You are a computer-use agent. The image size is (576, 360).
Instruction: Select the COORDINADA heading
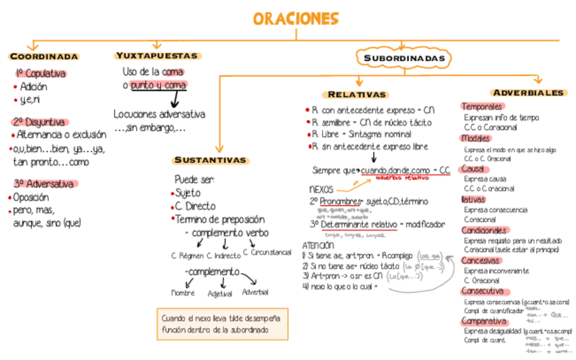click(x=44, y=56)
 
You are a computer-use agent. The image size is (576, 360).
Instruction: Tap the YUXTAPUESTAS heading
click(x=157, y=56)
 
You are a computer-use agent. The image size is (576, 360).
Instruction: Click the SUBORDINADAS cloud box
click(x=404, y=59)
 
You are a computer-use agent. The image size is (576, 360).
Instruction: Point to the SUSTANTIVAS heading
click(x=210, y=160)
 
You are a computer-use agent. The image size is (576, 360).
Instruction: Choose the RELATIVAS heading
click(x=357, y=94)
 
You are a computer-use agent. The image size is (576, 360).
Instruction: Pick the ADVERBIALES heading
click(x=528, y=92)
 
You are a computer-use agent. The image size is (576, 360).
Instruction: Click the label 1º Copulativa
click(x=41, y=73)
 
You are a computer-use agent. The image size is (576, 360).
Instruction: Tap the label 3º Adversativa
click(x=43, y=183)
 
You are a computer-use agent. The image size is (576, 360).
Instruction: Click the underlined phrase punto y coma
click(x=158, y=85)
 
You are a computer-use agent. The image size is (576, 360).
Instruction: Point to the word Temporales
click(x=482, y=107)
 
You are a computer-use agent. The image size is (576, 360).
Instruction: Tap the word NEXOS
click(x=321, y=190)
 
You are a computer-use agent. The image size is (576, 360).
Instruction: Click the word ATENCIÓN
click(x=319, y=245)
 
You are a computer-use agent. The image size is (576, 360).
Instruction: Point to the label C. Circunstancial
click(x=267, y=253)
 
